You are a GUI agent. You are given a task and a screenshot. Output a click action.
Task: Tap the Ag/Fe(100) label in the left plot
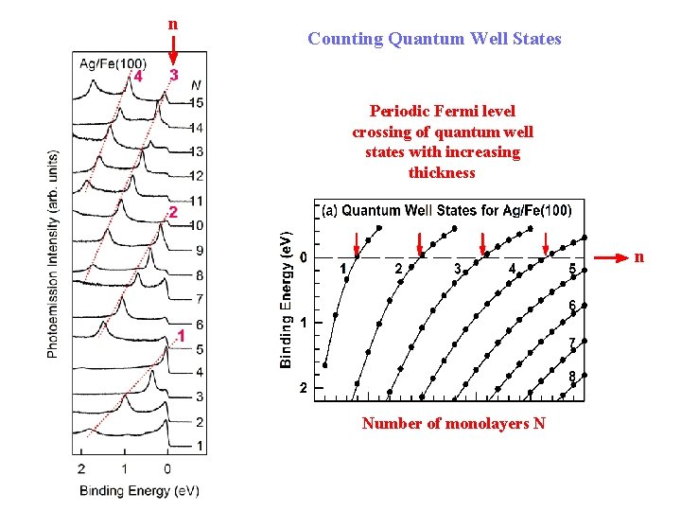[x=113, y=63]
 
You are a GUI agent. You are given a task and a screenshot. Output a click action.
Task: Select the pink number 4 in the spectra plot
[x=139, y=76]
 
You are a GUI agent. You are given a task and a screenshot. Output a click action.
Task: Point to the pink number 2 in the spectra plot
[x=172, y=212]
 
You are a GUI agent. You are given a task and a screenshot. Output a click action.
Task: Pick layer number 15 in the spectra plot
[x=196, y=102]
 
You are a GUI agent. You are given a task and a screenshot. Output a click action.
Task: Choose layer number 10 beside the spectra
[x=196, y=225]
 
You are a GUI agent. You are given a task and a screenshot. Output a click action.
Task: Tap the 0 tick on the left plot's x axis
[x=167, y=468]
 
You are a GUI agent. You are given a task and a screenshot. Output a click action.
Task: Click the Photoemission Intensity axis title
[x=54, y=254]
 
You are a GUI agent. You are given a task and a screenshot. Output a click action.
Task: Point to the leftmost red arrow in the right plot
[x=357, y=243]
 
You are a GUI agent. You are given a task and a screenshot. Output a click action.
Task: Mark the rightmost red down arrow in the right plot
[x=545, y=243]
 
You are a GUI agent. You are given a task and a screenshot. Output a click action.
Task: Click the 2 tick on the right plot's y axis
[x=302, y=388]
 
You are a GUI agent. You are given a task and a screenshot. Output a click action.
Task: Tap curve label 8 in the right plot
[x=571, y=377]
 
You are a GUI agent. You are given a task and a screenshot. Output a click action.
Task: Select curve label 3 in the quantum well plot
[x=457, y=269]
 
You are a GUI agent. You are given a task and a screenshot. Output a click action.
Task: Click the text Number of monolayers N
[x=453, y=423]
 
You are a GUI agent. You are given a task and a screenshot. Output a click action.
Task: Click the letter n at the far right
[x=639, y=256]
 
